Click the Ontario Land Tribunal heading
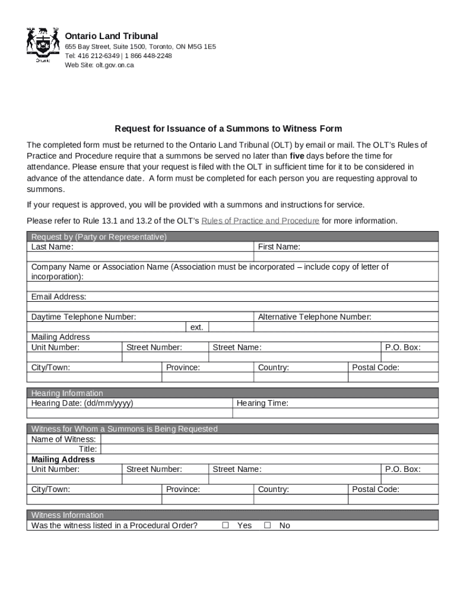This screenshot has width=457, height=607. pos(111,36)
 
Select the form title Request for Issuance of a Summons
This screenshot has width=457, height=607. pos(228,129)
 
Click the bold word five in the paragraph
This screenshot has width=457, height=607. pos(297,156)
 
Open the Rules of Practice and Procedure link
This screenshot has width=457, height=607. pos(260,221)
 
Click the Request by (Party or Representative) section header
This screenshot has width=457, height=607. pos(99,237)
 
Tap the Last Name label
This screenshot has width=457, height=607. pos(52,247)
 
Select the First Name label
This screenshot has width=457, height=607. pos(279,247)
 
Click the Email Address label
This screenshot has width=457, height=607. pos(59,296)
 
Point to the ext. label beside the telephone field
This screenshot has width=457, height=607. pos(196,327)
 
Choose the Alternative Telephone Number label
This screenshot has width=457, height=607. pos(315,317)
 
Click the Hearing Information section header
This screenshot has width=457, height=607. pos(67,393)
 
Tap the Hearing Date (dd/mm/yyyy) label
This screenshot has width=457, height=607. pos(82,403)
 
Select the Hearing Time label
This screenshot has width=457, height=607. pos(262,403)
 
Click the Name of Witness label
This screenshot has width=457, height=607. pos(64,439)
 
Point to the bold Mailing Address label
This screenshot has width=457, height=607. pos(63,459)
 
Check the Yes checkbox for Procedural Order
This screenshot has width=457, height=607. pos(226,525)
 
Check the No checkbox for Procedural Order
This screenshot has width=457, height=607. pos(267,525)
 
